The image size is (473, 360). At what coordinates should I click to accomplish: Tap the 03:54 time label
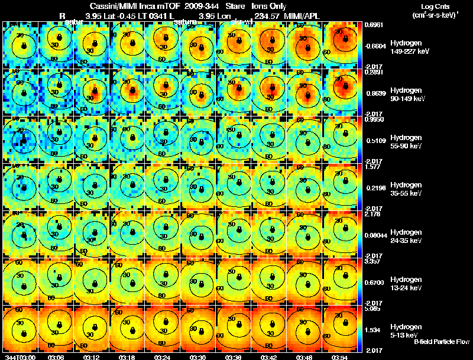pyautogui.click(x=340, y=357)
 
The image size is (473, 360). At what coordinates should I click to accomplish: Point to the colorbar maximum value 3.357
pyautogui.click(x=371, y=261)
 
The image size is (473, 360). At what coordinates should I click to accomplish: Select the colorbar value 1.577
pyautogui.click(x=371, y=167)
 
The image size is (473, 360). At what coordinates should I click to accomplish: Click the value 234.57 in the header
pyautogui.click(x=264, y=15)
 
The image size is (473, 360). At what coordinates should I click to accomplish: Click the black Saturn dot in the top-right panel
pyautogui.click(x=344, y=41)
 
